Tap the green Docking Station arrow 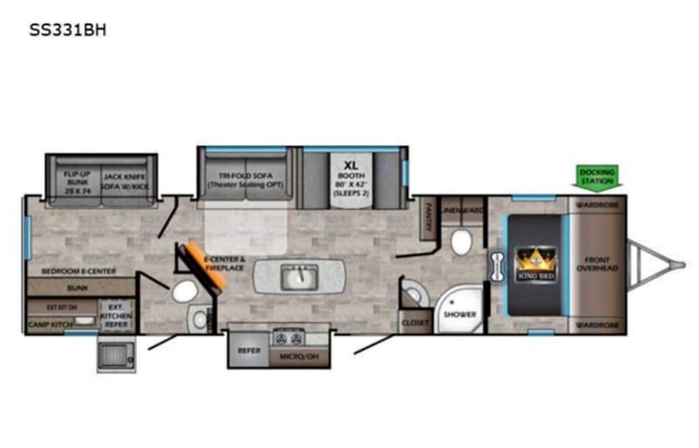click(x=597, y=177)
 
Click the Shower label click(x=460, y=311)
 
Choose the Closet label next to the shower click(x=414, y=324)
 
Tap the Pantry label click(x=427, y=217)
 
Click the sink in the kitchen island click(x=299, y=277)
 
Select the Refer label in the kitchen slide click(x=249, y=351)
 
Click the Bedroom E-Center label click(x=78, y=271)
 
